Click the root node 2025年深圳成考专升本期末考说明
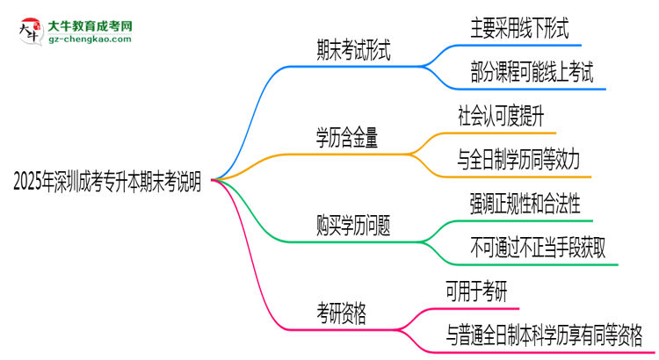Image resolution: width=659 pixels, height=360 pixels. pyautogui.click(x=107, y=182)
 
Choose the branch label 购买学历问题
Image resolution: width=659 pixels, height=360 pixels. pyautogui.click(x=353, y=225)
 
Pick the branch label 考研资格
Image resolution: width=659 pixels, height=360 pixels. pyautogui.click(x=342, y=311)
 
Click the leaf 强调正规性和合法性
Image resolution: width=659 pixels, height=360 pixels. pyautogui.click(x=525, y=204)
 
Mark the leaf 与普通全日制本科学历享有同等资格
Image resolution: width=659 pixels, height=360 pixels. pyautogui.click(x=544, y=335)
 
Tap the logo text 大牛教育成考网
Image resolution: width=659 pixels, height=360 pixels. pyautogui.click(x=88, y=27)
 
